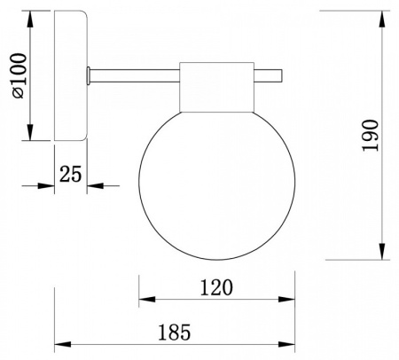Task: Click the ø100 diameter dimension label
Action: coord(19,75)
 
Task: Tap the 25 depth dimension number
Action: coord(70,174)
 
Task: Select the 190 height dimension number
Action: coord(371,135)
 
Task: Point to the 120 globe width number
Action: coord(216,287)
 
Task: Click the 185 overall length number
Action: coord(175,333)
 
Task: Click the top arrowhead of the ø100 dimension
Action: coord(30,20)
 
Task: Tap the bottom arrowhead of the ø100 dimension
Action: coord(30,132)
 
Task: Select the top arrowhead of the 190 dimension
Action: coord(382,20)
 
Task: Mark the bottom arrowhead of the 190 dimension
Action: coord(382,252)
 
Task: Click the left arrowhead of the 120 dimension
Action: coord(147,299)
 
